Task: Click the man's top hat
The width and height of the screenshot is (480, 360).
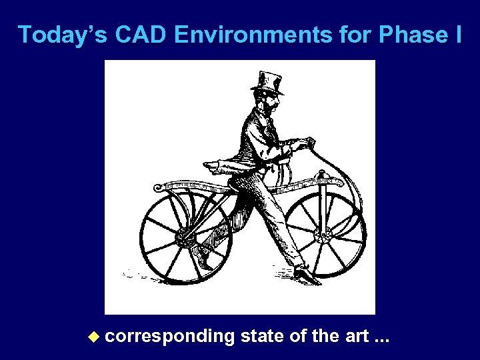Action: [268, 80]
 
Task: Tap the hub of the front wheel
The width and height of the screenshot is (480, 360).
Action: [325, 236]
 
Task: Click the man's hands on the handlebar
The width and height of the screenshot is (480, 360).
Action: [300, 144]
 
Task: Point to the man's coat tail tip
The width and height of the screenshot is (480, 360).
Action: [207, 163]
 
